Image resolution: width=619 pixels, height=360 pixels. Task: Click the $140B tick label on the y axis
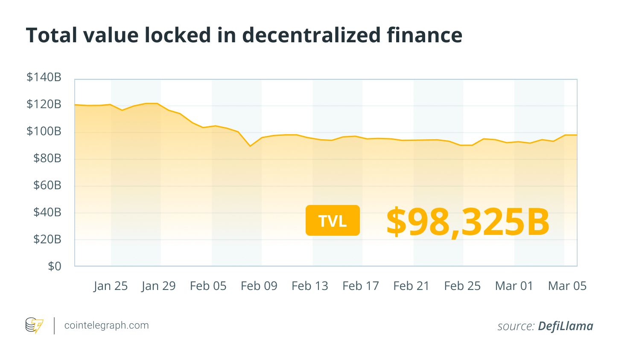(x=44, y=77)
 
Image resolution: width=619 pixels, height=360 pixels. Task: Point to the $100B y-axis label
(x=44, y=131)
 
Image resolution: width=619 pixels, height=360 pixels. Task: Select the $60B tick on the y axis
(x=47, y=185)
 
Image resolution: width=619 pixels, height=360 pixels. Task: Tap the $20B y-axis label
(x=47, y=240)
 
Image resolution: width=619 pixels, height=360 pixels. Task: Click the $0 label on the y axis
(x=54, y=266)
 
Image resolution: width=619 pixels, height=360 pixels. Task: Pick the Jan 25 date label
(x=111, y=286)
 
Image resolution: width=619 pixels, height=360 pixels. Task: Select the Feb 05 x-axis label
(x=208, y=286)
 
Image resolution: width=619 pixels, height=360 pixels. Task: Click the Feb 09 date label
(x=259, y=286)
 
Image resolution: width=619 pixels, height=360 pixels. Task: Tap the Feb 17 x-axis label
(x=360, y=286)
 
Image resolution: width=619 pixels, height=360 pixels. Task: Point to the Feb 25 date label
(x=462, y=286)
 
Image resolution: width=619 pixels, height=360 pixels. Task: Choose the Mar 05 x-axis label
(x=567, y=286)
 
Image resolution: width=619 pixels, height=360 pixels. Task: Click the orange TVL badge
(x=333, y=220)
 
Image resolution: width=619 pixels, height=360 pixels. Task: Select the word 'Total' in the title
(x=52, y=35)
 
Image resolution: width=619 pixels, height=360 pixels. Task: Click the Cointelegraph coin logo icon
(x=34, y=325)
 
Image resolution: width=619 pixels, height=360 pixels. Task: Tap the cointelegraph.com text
(x=106, y=325)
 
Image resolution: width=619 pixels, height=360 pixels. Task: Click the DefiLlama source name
(x=565, y=326)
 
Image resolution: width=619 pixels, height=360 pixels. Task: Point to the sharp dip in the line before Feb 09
(x=250, y=146)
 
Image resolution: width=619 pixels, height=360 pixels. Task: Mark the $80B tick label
(x=47, y=158)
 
